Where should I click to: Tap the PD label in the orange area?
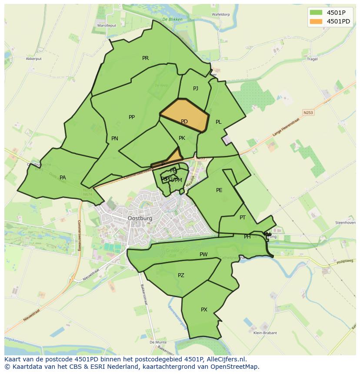click(184, 122)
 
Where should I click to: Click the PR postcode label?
click(145, 58)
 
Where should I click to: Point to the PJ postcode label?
click(196, 88)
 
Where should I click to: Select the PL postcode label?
click(219, 122)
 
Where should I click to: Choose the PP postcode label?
click(132, 117)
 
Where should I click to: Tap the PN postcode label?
click(115, 139)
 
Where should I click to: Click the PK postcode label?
click(182, 138)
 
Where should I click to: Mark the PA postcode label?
click(63, 177)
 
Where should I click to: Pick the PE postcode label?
click(219, 190)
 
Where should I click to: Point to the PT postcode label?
click(243, 217)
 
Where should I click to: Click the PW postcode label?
click(203, 254)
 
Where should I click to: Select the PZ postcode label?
click(181, 275)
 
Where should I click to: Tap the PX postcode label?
click(204, 309)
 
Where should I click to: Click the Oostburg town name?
click(140, 218)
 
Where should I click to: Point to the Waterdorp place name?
click(220, 14)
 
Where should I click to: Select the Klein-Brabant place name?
click(265, 333)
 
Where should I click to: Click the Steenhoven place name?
click(345, 222)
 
